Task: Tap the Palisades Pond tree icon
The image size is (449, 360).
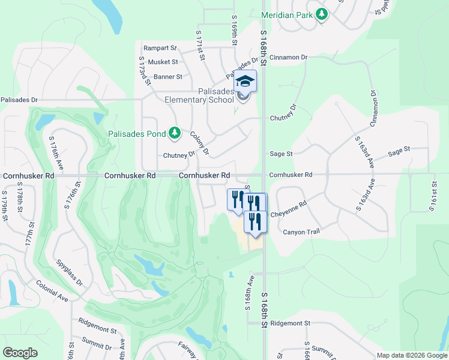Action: pos(175,133)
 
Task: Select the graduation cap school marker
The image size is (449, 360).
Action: pos(245,80)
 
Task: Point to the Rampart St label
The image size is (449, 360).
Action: pos(160,48)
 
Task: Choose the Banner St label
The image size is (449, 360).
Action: pos(167,77)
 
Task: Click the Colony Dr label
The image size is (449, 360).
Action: pos(199,143)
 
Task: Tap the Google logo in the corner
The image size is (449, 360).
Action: pos(20,353)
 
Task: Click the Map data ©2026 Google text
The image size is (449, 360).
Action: pos(411,355)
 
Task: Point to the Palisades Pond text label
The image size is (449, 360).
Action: pos(137,133)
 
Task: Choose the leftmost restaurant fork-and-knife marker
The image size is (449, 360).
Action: pos(237,199)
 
